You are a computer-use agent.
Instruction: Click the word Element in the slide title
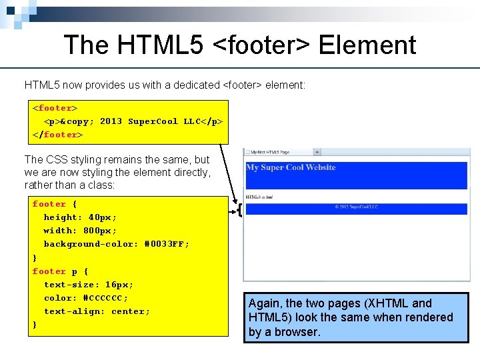367,45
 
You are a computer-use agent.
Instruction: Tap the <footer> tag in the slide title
262,45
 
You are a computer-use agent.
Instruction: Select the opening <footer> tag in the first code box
55,108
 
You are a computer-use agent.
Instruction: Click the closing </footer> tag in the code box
58,135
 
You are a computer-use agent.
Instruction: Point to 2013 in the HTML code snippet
111,121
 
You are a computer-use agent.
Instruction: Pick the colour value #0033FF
167,244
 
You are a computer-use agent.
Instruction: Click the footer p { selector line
61,271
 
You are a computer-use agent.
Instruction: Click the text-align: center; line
97,311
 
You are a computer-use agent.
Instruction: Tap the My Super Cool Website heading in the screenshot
291,167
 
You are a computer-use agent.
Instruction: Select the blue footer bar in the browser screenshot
356,209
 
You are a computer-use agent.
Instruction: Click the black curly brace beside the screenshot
238,211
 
